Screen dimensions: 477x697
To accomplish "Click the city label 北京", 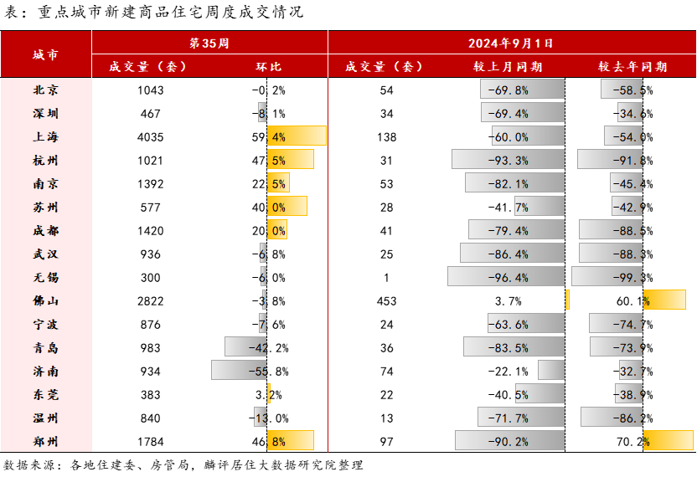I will pos(45,90).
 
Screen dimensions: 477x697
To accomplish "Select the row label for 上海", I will pos(45,137).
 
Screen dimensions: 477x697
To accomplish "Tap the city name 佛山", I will pos(45,301).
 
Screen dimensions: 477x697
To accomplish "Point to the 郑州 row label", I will pos(45,442).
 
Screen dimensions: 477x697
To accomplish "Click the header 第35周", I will pos(209,43).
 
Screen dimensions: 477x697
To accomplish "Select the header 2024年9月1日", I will pos(510,43).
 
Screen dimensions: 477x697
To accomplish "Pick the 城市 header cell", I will pos(45,55).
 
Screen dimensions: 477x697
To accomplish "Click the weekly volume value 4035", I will pos(150,137).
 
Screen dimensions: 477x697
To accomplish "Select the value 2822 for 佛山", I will pos(150,301).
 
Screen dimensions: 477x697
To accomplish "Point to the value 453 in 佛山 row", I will pos(387,301).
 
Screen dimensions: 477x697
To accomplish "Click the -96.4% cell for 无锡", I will pos(509,278).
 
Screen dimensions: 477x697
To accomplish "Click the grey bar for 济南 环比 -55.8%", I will pos(239,372).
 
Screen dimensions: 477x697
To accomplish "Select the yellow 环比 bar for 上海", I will pos(297,136).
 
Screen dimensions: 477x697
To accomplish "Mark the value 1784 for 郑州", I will pos(150,442).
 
